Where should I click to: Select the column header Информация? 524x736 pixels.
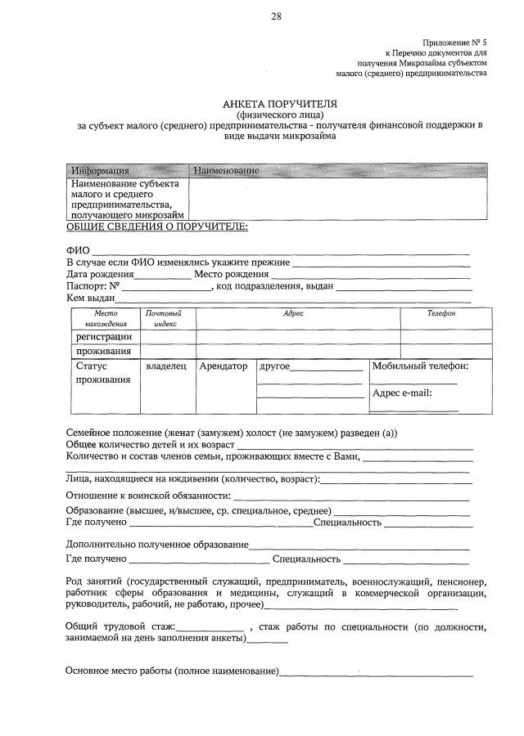100,170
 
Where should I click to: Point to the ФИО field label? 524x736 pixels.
77,250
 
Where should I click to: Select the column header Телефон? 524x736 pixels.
441,313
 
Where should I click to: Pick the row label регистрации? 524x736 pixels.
104,336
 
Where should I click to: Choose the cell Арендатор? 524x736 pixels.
224,366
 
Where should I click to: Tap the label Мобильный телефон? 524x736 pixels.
420,366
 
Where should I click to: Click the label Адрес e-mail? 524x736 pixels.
401,393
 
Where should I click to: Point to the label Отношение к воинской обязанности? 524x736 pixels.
147,496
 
